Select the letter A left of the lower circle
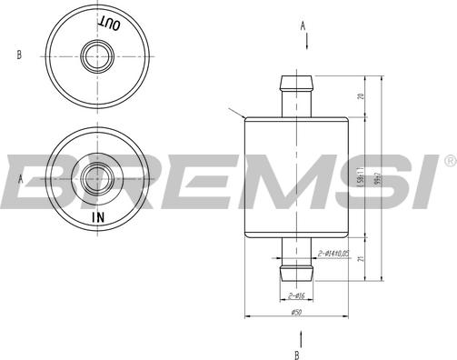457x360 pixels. point(19,179)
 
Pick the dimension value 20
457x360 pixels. point(361,96)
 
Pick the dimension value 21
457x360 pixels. point(361,260)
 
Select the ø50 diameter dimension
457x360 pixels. point(296,312)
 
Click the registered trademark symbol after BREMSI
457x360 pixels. point(449,161)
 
